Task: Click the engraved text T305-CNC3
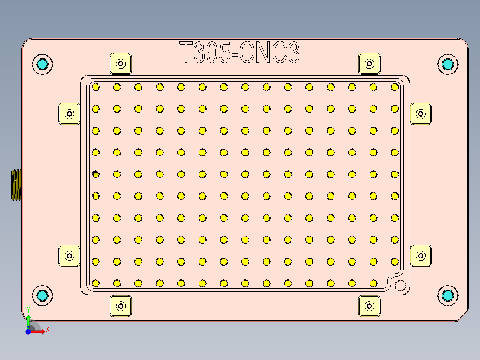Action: pyautogui.click(x=240, y=53)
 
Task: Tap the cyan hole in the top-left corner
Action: pyautogui.click(x=42, y=64)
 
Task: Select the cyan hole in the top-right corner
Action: pyautogui.click(x=447, y=64)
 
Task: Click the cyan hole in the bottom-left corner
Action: pyautogui.click(x=42, y=295)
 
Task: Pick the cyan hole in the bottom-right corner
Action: pyautogui.click(x=447, y=295)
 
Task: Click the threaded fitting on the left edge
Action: pyautogui.click(x=16, y=185)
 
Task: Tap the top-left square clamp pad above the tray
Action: pyautogui.click(x=121, y=64)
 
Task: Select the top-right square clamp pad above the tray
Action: pyautogui.click(x=369, y=64)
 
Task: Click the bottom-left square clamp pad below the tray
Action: pyautogui.click(x=121, y=306)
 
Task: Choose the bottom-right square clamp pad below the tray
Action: pyautogui.click(x=369, y=306)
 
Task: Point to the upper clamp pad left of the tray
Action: pyautogui.click(x=69, y=114)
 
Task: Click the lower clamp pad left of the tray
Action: pyautogui.click(x=69, y=256)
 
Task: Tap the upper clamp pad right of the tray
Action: pyautogui.click(x=420, y=114)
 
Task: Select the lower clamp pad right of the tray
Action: pyautogui.click(x=420, y=256)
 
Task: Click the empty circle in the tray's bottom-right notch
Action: pyautogui.click(x=400, y=285)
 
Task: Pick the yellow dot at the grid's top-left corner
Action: pyautogui.click(x=95, y=87)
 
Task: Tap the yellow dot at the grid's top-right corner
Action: pyautogui.click(x=395, y=87)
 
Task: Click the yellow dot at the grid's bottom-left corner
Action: pyautogui.click(x=95, y=283)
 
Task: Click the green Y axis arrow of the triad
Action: pyautogui.click(x=28, y=319)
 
